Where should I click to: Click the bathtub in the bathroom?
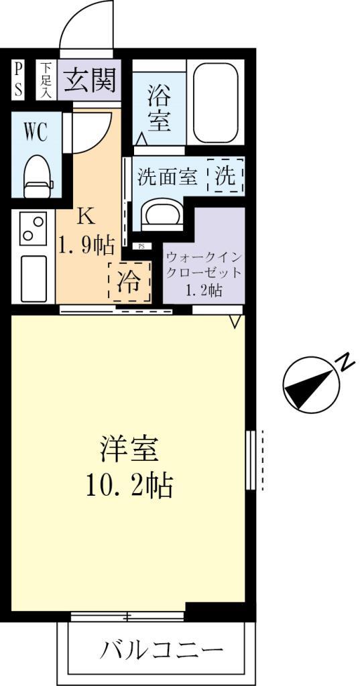pos(216,103)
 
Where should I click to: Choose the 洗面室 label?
pos(167,178)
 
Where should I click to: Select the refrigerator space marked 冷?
pos(129,282)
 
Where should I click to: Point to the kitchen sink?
pos(32,277)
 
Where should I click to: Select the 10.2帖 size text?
pos(129,484)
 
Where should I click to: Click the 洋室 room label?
pos(129,449)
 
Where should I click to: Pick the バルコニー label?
pos(162,649)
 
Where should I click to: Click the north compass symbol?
pos(308,385)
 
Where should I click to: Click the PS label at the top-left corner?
pos(18,80)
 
